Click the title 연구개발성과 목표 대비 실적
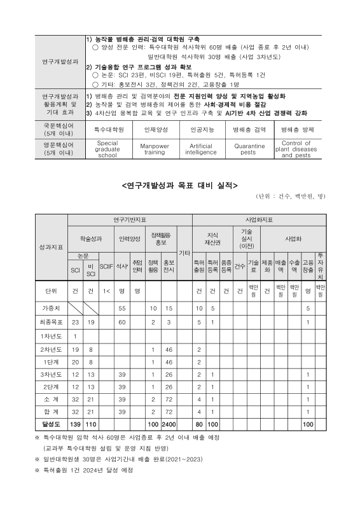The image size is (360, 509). click(x=179, y=186)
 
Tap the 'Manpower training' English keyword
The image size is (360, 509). click(x=154, y=149)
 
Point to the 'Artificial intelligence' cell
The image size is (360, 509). click(x=201, y=149)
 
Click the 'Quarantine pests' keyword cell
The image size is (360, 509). click(x=248, y=149)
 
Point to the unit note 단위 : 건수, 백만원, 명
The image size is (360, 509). click(x=289, y=197)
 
